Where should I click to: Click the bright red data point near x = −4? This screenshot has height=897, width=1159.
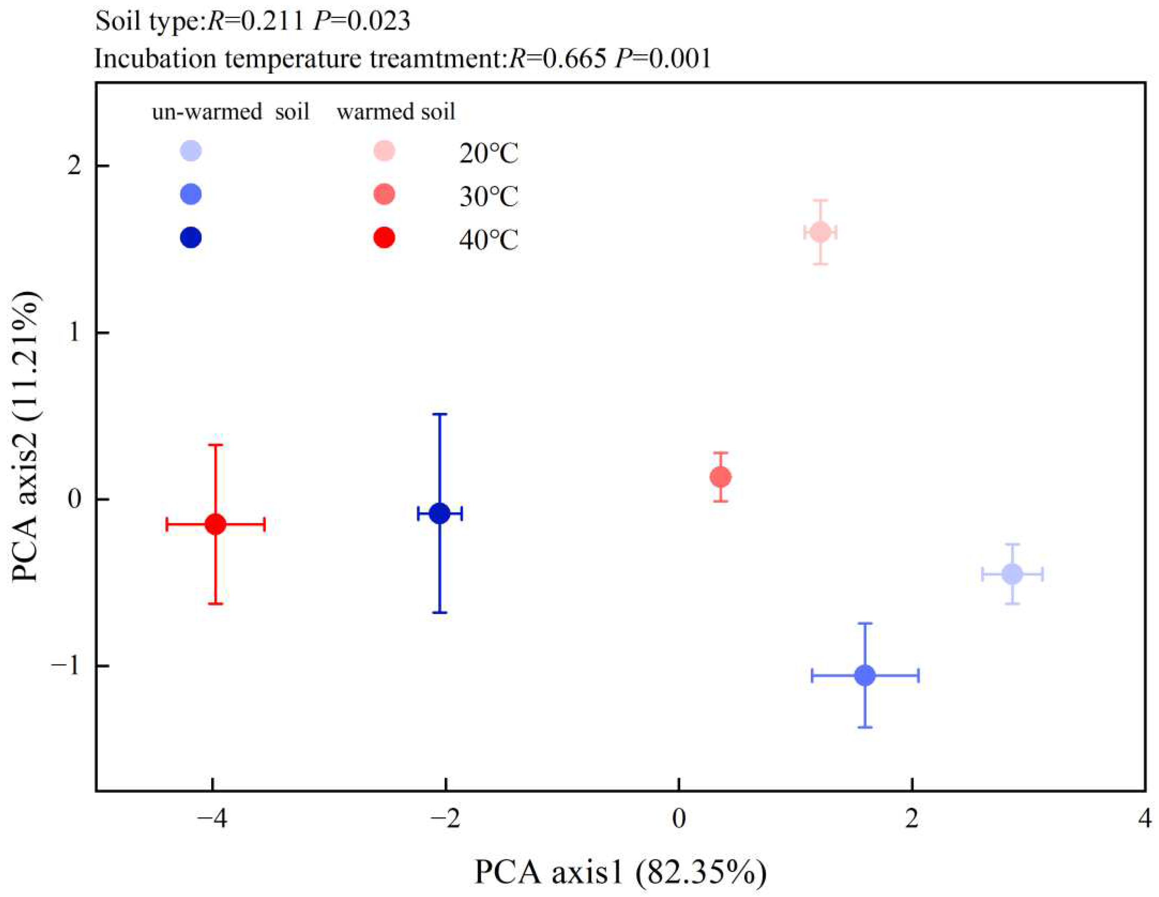(x=215, y=524)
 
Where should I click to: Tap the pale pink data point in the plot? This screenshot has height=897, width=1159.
(x=821, y=232)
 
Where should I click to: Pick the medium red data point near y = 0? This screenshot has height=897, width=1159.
(x=721, y=476)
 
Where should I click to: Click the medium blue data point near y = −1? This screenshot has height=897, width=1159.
(x=865, y=676)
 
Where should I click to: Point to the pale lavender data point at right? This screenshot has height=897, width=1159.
(x=1012, y=574)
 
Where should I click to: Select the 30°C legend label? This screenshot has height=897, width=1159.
(x=488, y=197)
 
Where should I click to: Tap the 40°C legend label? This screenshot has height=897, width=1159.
(x=488, y=240)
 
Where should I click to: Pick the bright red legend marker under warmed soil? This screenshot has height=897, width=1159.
(x=384, y=237)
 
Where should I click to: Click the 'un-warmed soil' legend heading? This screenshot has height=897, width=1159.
(x=231, y=112)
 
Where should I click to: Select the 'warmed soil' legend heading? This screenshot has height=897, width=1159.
(x=396, y=112)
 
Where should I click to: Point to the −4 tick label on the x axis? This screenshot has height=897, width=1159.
(x=212, y=819)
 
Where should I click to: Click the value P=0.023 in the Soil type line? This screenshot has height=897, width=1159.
(x=362, y=21)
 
